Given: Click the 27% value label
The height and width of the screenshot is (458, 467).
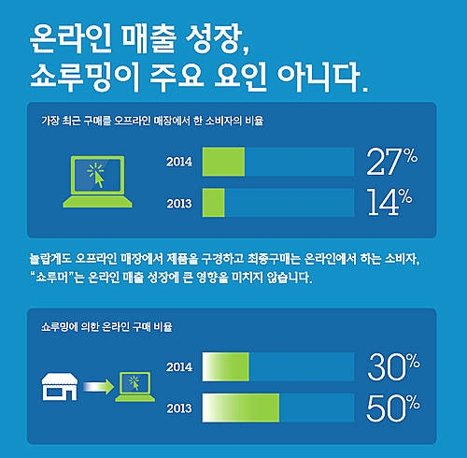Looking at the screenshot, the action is tap(392, 162).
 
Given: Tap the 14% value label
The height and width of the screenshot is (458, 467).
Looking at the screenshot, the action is tap(389, 202).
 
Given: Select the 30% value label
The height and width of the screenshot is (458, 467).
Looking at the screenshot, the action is tap(393, 367).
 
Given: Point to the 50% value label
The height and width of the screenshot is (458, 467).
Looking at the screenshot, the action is tap(393, 408).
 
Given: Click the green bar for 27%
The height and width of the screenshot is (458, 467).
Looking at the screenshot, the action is tap(223, 162).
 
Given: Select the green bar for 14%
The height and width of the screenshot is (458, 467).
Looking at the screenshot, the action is tap(213, 203).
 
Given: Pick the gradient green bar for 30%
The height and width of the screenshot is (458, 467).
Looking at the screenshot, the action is tap(225, 367).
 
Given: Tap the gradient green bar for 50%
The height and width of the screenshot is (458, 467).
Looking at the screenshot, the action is tap(241, 408).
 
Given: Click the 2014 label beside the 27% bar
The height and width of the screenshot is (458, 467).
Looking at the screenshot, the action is tap(179, 162).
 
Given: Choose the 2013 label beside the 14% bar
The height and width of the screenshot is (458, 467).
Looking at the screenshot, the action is tap(179, 204).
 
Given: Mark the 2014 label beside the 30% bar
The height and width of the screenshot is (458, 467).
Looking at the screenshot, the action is tap(179, 367).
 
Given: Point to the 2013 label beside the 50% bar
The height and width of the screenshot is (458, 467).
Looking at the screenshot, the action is tap(179, 408).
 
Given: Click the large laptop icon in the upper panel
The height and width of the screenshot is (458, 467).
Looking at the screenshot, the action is tap(97, 181).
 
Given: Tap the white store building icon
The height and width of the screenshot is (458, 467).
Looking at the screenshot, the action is tap(60, 387).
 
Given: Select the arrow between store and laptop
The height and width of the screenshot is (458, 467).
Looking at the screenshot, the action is tap(99, 387).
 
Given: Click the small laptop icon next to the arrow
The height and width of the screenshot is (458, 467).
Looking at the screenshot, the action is tap(135, 387).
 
